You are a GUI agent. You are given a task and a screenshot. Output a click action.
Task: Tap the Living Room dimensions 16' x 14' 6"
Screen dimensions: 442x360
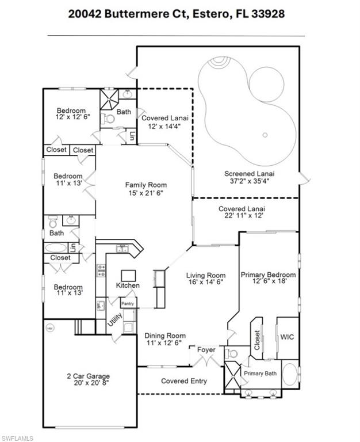coord(205,283)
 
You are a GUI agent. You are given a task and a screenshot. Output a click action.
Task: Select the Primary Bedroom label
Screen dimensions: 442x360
coord(268,275)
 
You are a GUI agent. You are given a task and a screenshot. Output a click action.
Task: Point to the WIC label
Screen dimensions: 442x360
coord(287,337)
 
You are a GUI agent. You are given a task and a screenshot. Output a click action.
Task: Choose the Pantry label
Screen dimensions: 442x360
coord(128,303)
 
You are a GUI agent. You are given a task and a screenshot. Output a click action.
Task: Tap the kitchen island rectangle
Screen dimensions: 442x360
coord(128,274)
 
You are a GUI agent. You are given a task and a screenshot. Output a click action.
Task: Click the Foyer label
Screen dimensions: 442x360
coord(206,349)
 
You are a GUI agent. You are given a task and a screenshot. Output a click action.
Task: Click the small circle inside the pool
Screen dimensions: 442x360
coord(265,135)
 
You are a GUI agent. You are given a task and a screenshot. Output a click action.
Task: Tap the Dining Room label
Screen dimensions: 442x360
coord(164,336)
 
